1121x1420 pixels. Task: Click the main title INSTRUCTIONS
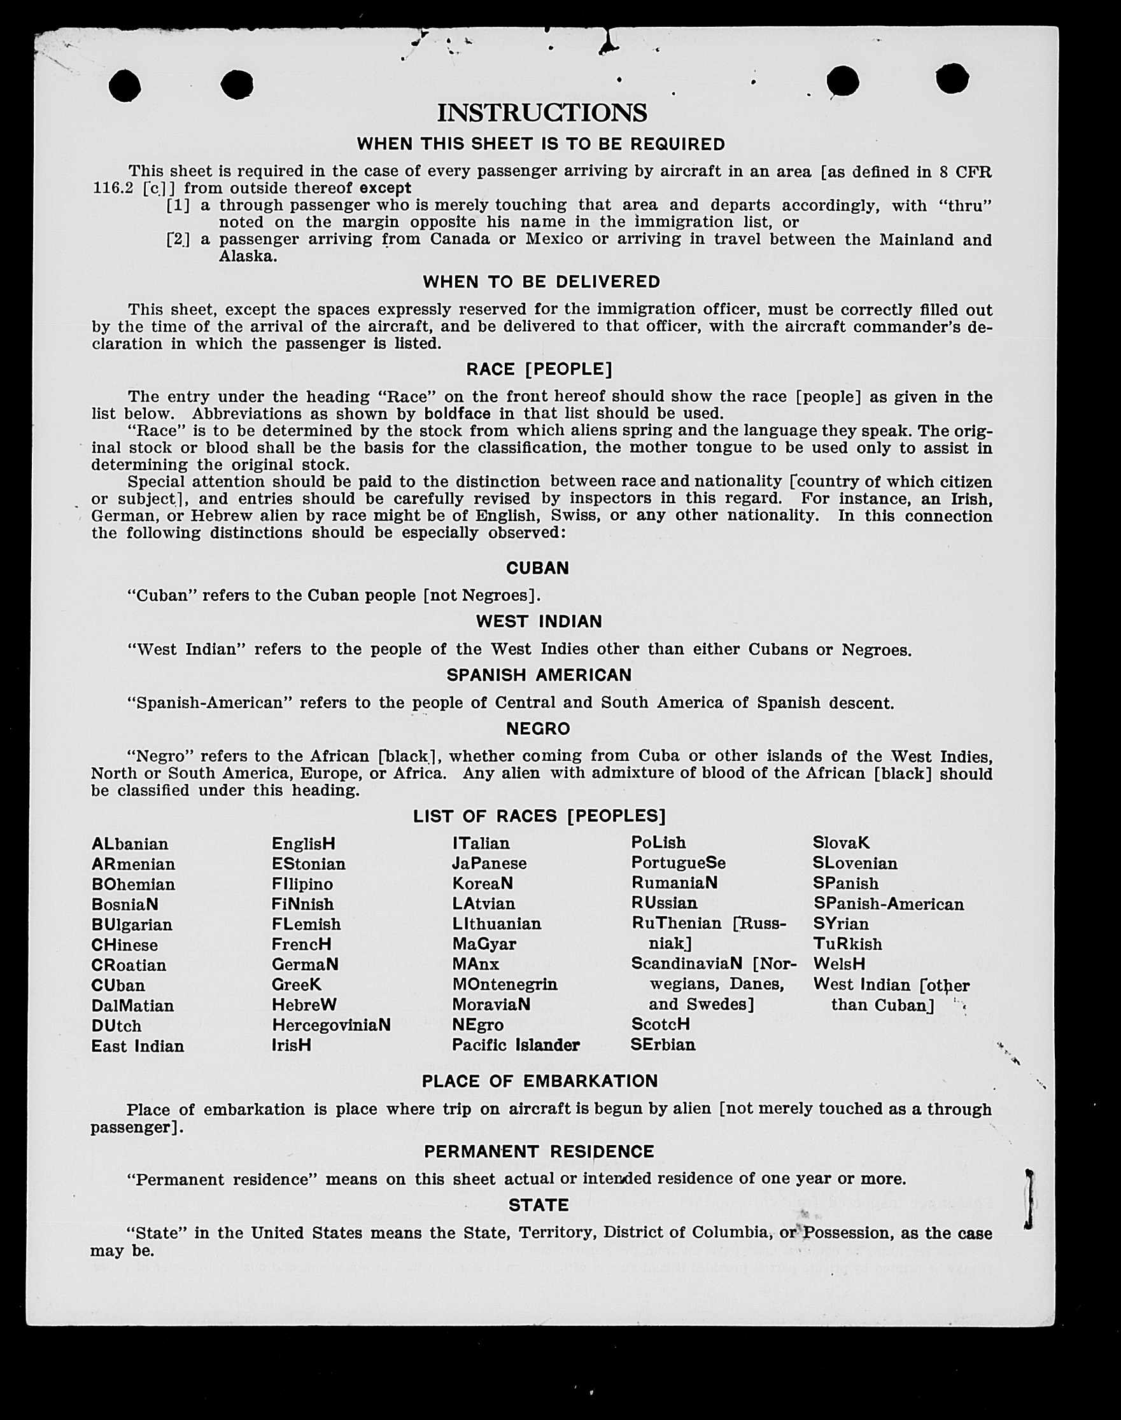click(x=542, y=112)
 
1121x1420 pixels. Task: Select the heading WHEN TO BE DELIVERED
click(x=542, y=281)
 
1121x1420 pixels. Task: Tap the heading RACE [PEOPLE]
click(x=539, y=369)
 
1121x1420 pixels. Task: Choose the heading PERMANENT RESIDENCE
click(x=539, y=1151)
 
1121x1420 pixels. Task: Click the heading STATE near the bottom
click(x=539, y=1205)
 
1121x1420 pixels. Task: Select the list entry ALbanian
click(x=130, y=844)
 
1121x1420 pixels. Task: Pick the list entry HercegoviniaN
click(x=331, y=1025)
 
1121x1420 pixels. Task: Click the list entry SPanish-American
click(x=888, y=905)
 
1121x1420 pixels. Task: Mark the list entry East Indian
click(x=137, y=1046)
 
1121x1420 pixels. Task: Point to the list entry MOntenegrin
click(x=504, y=984)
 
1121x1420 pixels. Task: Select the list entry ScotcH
click(x=660, y=1024)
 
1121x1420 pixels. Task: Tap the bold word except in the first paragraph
click(x=385, y=188)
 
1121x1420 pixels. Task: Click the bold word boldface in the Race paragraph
click(x=457, y=414)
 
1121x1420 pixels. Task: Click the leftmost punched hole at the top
click(x=125, y=86)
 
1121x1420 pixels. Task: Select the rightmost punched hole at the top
click(x=952, y=79)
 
